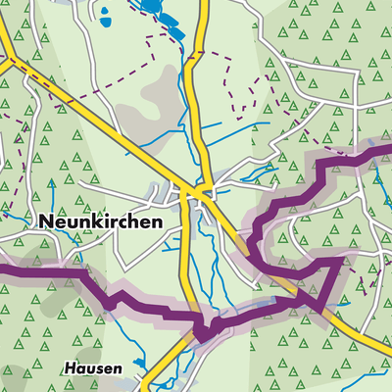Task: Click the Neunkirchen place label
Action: (101, 222)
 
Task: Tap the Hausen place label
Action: (94, 368)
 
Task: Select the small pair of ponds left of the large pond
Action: (103, 12)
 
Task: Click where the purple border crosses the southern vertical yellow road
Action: (201, 328)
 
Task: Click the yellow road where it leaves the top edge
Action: (203, 3)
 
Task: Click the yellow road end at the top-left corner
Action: (3, 24)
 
